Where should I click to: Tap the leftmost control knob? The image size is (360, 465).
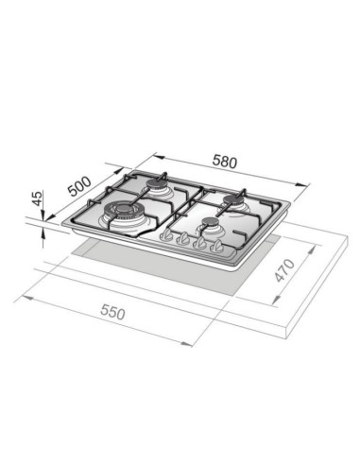pos(169,235)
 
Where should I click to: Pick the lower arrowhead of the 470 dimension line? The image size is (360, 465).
pos(273,301)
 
